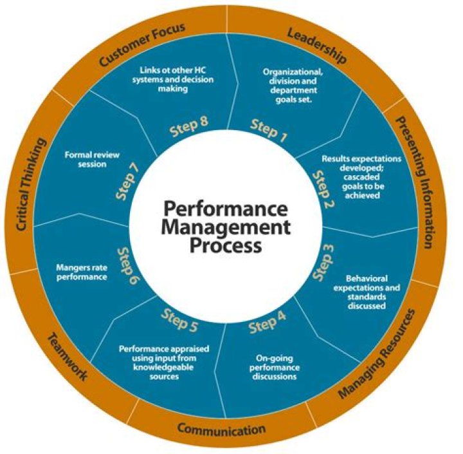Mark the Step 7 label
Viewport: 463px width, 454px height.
129,180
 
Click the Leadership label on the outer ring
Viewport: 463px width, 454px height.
316,46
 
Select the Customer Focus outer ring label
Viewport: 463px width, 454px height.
143,46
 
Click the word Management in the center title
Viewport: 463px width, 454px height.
226,227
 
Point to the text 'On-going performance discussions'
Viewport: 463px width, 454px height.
273,368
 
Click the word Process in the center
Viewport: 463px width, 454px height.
226,245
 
